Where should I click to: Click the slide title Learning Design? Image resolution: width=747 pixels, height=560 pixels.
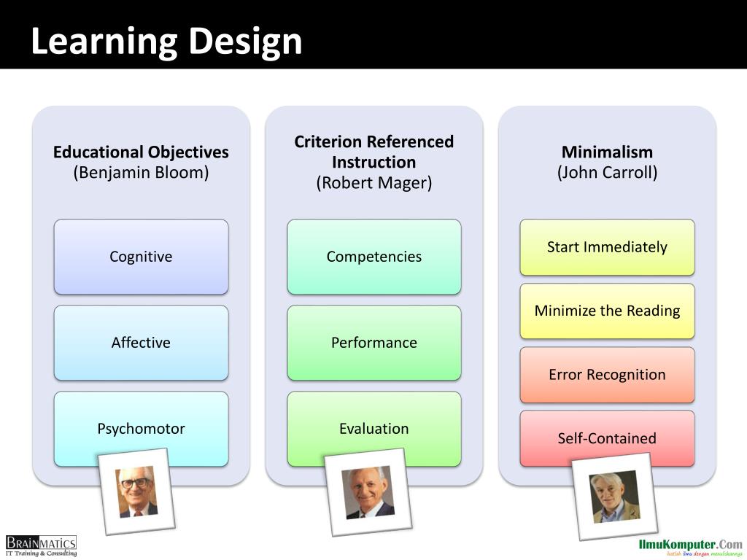(166, 41)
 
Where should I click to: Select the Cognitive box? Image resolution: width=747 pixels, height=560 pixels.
(141, 257)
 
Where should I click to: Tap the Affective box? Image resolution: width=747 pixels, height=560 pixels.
(141, 343)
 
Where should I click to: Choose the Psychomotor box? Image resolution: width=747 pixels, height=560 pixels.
(141, 429)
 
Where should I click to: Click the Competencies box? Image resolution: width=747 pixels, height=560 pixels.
(373, 257)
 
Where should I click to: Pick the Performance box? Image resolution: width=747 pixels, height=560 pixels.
(373, 343)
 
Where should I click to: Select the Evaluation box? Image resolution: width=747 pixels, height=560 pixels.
(373, 429)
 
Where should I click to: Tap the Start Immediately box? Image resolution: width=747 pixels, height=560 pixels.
(607, 247)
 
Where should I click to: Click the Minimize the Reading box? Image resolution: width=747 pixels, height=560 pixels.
(607, 311)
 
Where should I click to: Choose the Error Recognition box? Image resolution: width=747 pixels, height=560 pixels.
(607, 375)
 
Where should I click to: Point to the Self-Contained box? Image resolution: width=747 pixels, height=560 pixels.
(607, 438)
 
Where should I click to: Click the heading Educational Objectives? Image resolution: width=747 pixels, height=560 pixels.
(141, 152)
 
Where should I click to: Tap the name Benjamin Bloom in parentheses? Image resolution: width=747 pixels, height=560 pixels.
(141, 173)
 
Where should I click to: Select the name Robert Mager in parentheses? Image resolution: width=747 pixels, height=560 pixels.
(373, 183)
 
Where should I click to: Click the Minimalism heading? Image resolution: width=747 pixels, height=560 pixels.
(607, 152)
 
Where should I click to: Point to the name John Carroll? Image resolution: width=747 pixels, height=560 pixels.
(607, 173)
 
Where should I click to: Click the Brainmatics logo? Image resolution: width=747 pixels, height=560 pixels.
(41, 545)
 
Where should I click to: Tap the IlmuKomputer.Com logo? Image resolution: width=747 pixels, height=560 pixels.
(690, 547)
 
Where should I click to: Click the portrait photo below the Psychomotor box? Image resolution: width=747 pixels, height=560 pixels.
(136, 491)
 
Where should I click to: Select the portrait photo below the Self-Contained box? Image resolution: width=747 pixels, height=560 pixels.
(614, 497)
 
